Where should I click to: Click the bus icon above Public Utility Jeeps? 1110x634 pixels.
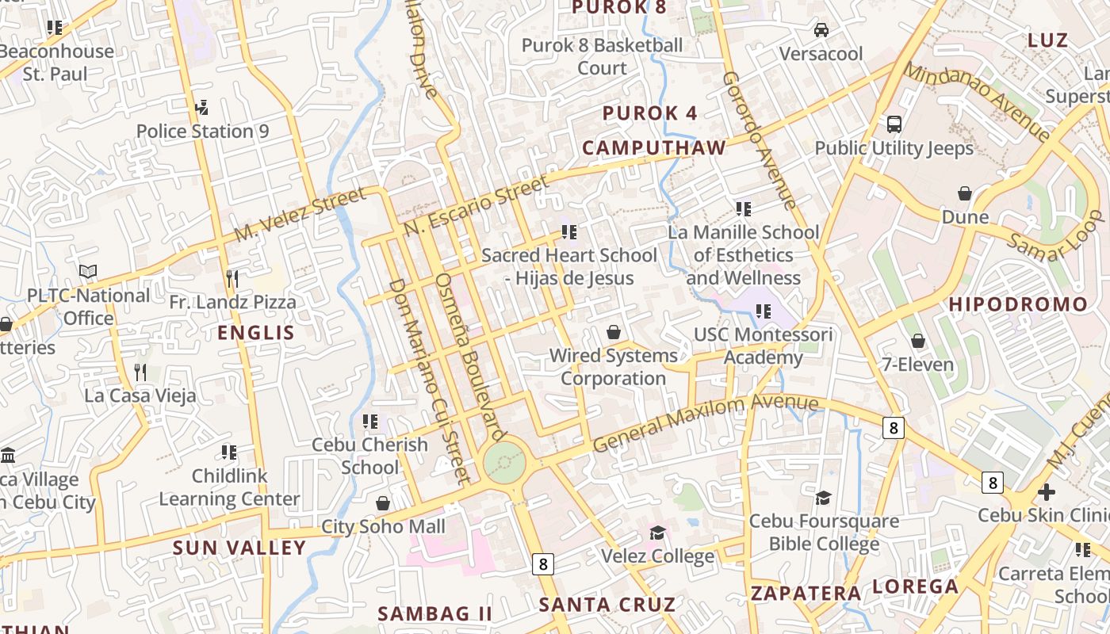tap(894, 124)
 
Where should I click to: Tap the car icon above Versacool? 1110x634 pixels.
tap(821, 30)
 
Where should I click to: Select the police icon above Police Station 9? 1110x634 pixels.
tap(201, 107)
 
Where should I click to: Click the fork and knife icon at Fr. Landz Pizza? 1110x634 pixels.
tap(232, 278)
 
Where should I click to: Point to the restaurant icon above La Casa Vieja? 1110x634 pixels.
tap(140, 372)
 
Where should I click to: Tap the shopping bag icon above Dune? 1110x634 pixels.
tap(965, 193)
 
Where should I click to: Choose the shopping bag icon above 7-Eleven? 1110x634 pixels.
tap(918, 341)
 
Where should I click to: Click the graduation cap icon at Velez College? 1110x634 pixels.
tap(657, 532)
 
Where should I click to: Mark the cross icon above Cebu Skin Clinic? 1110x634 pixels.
tap(1047, 492)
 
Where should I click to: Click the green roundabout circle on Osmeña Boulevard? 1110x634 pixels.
tap(504, 462)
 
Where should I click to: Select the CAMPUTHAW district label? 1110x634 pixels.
tap(654, 148)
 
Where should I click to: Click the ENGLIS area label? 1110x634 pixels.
tap(255, 333)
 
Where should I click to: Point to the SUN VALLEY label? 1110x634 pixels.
tap(239, 548)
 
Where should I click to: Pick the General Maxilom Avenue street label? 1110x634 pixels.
tap(706, 423)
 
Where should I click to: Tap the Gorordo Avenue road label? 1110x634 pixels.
tap(759, 140)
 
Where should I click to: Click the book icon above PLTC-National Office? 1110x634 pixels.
tap(88, 272)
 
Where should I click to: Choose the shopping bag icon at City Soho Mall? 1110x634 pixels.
tap(383, 503)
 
